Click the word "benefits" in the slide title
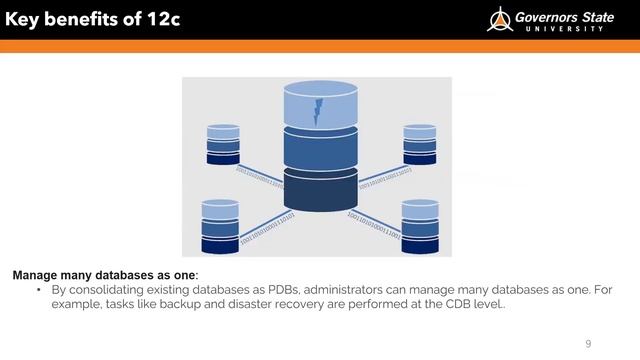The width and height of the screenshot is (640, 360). click(91, 19)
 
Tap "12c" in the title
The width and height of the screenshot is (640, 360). click(160, 19)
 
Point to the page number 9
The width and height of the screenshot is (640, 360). click(588, 343)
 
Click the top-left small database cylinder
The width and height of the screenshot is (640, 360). click(223, 144)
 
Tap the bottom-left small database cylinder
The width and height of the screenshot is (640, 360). click(220, 225)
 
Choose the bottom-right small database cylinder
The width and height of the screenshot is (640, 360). click(420, 225)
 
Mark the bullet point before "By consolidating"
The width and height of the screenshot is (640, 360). click(39, 289)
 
